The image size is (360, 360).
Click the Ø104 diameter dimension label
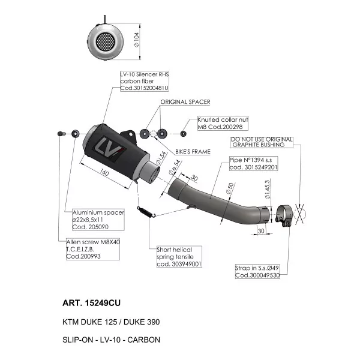tap(136, 40)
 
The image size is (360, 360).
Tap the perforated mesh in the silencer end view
tap(106, 41)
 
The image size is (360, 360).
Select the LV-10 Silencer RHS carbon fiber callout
tap(145, 81)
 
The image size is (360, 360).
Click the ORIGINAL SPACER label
tap(185, 102)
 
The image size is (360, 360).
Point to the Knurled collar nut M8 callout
tap(223, 123)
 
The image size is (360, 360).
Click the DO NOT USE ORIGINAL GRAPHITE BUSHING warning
tap(262, 142)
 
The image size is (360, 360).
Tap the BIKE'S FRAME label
tap(193, 152)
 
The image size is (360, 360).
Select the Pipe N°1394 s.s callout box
tap(253, 163)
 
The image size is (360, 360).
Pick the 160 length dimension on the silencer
tap(104, 172)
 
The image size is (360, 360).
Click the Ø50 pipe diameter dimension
tap(230, 188)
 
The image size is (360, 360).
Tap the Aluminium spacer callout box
tap(98, 220)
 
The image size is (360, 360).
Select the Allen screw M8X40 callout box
tap(93, 249)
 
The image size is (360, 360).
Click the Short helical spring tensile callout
tap(179, 257)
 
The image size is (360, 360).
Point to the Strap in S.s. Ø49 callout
tap(257, 271)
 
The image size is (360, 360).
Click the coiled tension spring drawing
tap(146, 212)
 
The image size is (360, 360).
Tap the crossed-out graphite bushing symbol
tap(299, 214)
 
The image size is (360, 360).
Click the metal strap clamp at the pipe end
tap(284, 215)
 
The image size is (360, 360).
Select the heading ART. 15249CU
tap(91, 303)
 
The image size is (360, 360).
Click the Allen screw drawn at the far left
tap(62, 133)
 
